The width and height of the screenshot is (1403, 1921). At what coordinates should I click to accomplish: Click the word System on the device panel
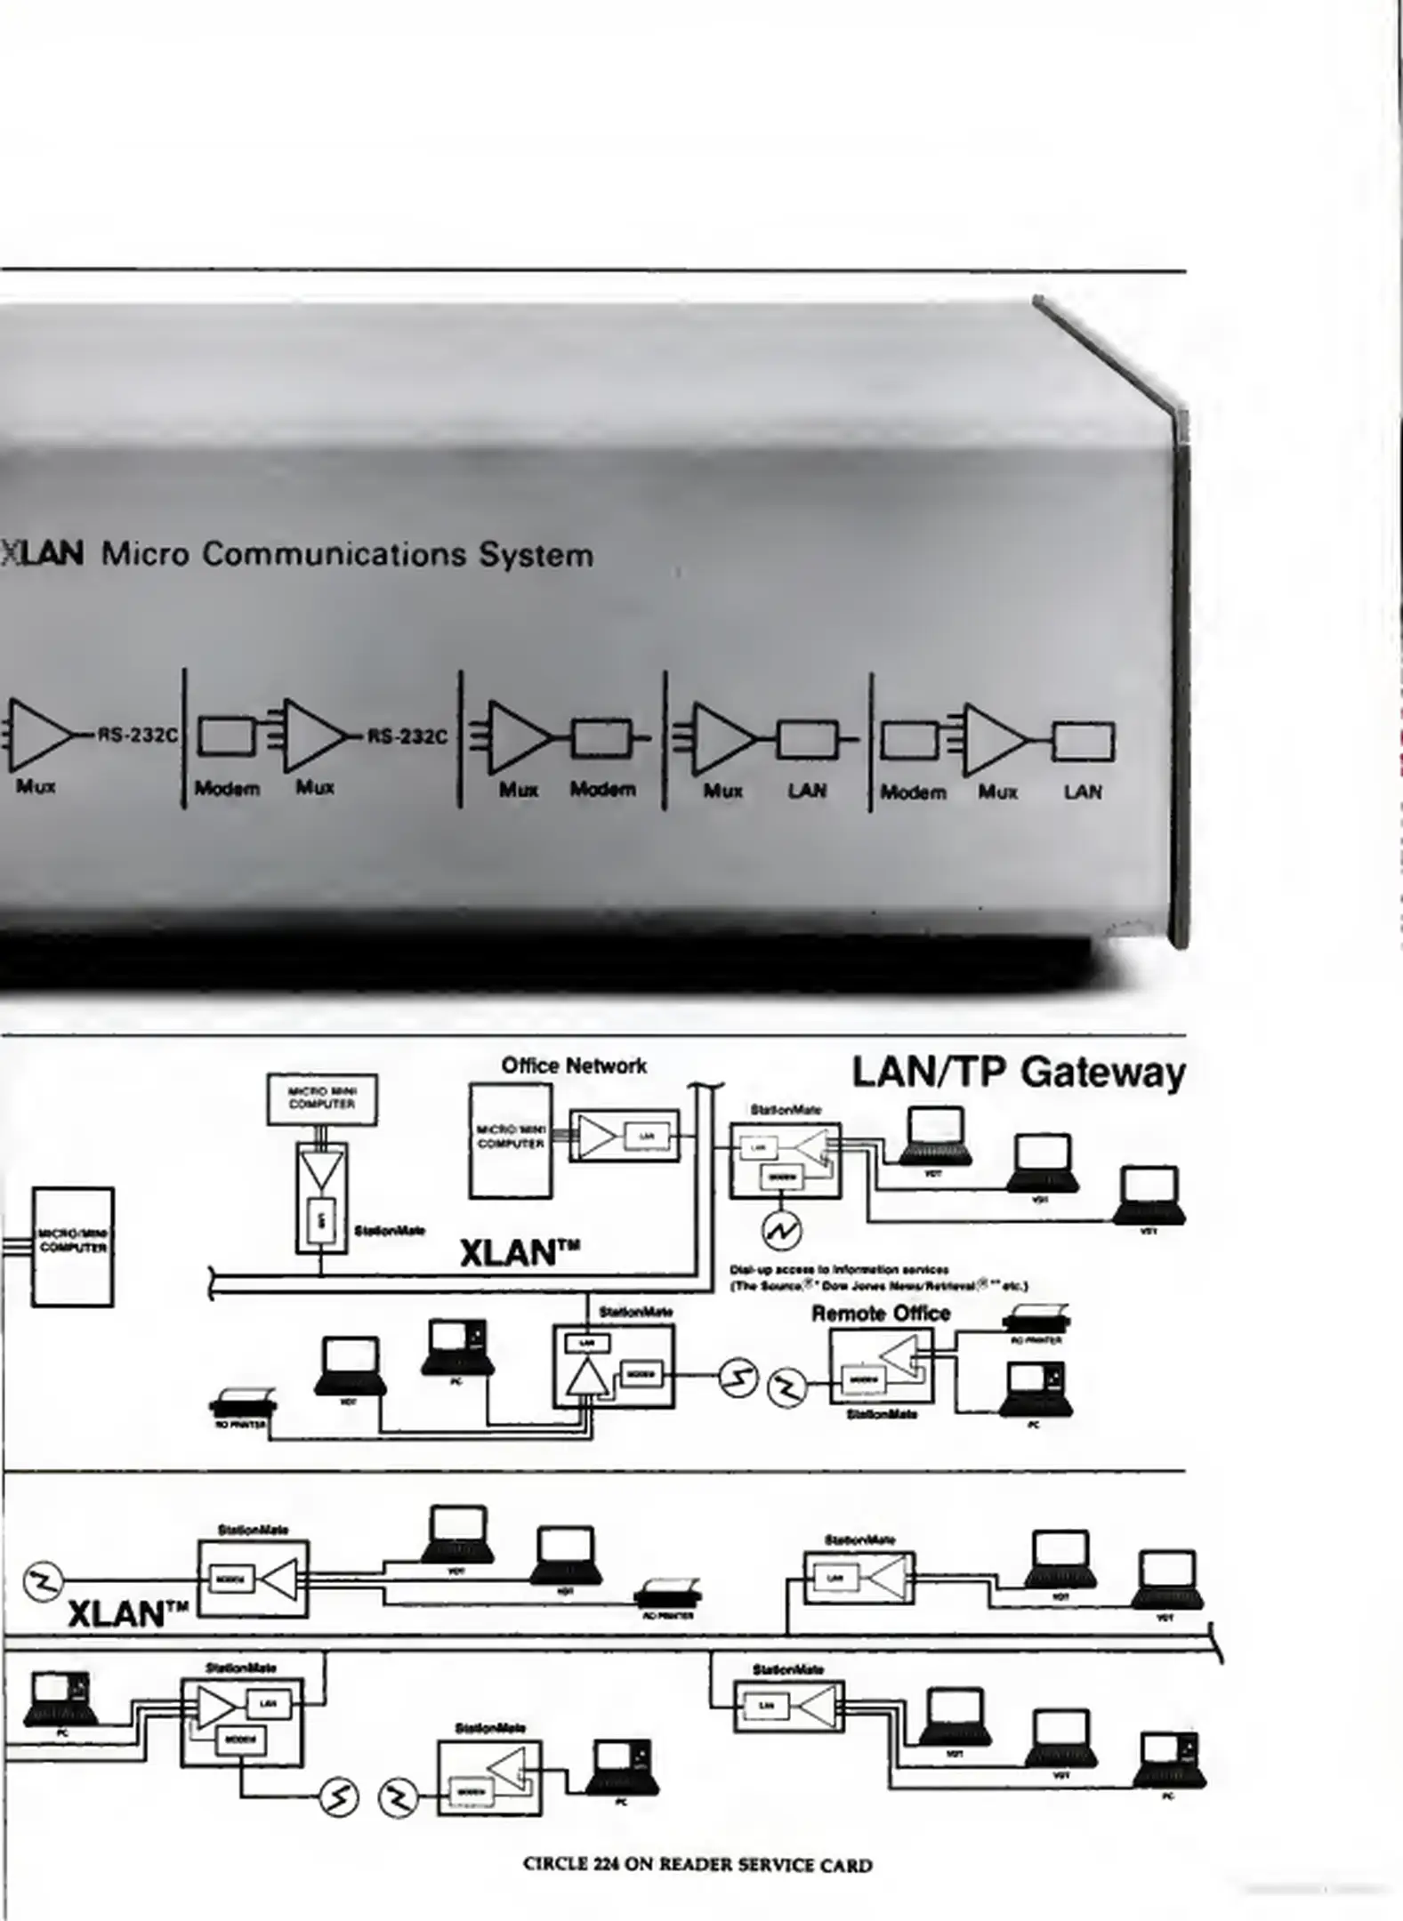(x=536, y=555)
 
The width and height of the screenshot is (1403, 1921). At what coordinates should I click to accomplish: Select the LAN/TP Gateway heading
(x=1019, y=1072)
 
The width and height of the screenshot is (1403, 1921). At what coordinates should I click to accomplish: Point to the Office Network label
(x=574, y=1065)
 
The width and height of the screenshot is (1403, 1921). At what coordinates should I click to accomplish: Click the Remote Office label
(x=881, y=1313)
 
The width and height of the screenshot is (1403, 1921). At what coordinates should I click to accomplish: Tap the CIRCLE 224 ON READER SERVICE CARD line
(x=697, y=1865)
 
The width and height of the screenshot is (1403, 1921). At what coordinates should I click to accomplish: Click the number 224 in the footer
(x=606, y=1865)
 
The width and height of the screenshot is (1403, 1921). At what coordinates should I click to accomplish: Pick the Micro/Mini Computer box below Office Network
(x=511, y=1141)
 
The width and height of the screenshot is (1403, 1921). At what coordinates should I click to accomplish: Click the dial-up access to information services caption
(x=877, y=1277)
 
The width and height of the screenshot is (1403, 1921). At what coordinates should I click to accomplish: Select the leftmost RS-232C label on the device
(x=138, y=735)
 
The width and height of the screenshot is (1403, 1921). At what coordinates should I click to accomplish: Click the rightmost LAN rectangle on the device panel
(x=1083, y=741)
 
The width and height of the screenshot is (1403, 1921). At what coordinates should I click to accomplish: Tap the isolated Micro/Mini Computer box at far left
(x=73, y=1246)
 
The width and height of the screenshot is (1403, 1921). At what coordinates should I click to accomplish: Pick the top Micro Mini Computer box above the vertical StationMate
(x=322, y=1099)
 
